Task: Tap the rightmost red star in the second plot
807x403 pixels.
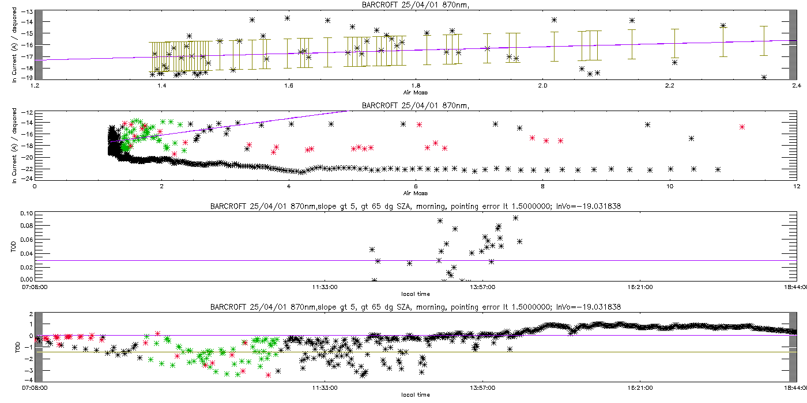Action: click(x=742, y=127)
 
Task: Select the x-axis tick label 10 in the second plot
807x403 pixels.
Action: click(x=669, y=186)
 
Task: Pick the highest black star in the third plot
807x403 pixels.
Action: click(x=515, y=218)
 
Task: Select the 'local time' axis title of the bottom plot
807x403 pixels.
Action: click(x=415, y=394)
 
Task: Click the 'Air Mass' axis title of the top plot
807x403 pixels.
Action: click(x=415, y=92)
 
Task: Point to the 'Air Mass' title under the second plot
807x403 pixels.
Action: click(x=415, y=192)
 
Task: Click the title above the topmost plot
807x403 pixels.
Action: click(x=415, y=5)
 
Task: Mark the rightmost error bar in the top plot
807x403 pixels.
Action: click(x=764, y=40)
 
